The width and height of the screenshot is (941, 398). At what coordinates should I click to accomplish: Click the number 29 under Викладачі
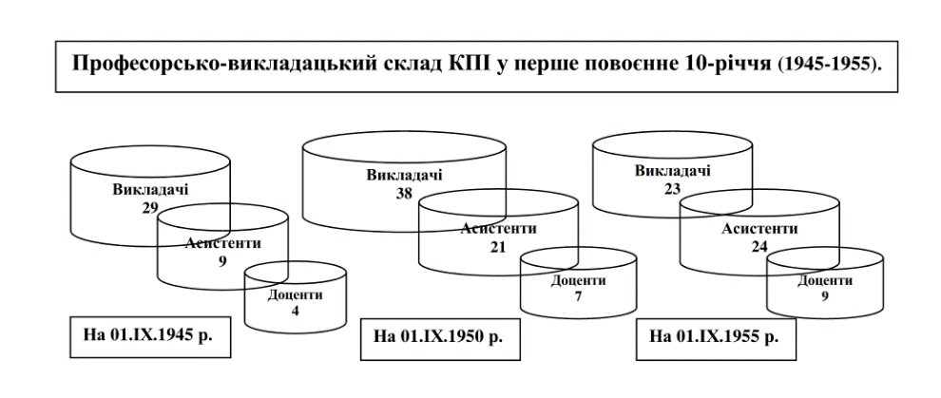click(150, 206)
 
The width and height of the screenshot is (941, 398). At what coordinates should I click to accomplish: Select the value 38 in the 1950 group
click(404, 192)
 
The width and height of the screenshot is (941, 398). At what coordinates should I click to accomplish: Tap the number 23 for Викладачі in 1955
click(672, 188)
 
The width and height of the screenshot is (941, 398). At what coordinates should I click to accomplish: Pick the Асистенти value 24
click(759, 246)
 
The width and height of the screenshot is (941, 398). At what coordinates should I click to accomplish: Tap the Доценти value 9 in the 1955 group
click(824, 296)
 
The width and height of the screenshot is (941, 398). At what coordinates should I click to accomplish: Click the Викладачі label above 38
click(405, 176)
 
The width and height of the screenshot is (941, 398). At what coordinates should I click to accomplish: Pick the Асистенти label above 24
click(759, 229)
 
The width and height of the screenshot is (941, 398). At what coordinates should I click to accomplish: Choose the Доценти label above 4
click(295, 295)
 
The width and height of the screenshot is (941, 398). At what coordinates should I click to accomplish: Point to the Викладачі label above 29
click(150, 189)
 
